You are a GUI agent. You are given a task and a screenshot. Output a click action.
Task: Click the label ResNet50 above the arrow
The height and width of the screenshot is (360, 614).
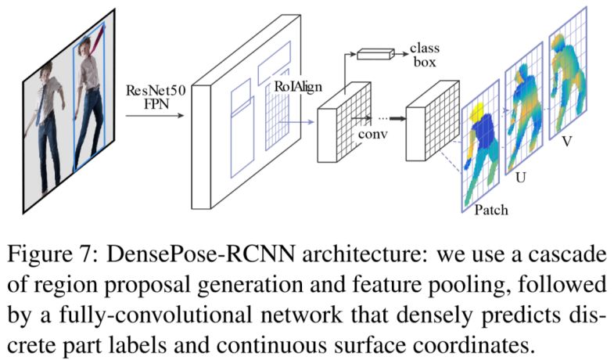coord(153,90)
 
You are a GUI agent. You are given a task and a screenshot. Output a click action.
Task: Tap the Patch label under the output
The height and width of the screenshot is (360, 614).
coord(491,210)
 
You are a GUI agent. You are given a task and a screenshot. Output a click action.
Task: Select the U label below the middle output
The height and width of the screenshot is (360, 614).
coord(520,178)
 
